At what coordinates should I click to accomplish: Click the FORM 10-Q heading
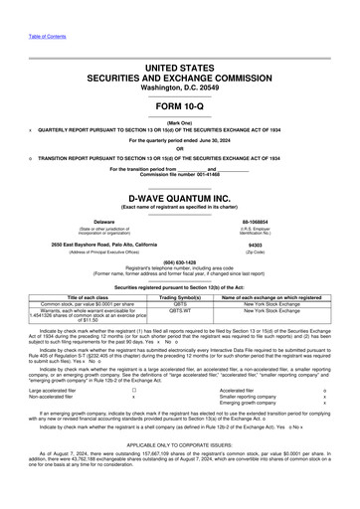(x=179, y=104)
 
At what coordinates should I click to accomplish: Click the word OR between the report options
(x=179, y=150)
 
